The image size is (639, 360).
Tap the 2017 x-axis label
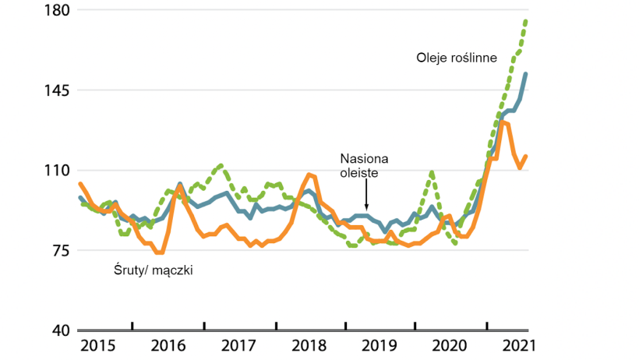(x=238, y=345)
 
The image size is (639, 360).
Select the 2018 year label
(x=309, y=345)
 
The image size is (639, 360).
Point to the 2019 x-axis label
(x=381, y=345)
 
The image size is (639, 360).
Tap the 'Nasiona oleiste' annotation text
(x=365, y=166)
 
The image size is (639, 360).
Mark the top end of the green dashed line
(x=527, y=20)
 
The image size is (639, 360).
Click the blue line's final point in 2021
(x=526, y=74)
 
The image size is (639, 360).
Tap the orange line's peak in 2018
(x=309, y=175)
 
